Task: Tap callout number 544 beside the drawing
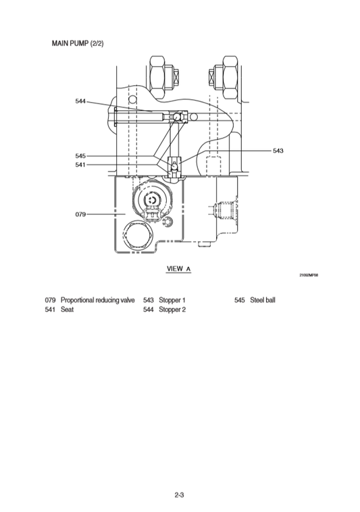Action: [80, 101]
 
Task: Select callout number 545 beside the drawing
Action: [80, 156]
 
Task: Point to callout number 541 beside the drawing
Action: [80, 164]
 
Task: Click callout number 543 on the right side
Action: [278, 151]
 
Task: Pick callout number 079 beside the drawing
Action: [80, 214]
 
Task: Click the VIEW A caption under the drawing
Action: [179, 268]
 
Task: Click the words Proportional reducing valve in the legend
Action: [98, 299]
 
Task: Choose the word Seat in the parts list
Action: [67, 309]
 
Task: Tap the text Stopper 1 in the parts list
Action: [172, 299]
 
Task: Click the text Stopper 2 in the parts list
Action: [172, 309]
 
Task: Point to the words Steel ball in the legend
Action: [263, 299]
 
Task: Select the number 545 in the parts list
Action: [239, 299]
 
